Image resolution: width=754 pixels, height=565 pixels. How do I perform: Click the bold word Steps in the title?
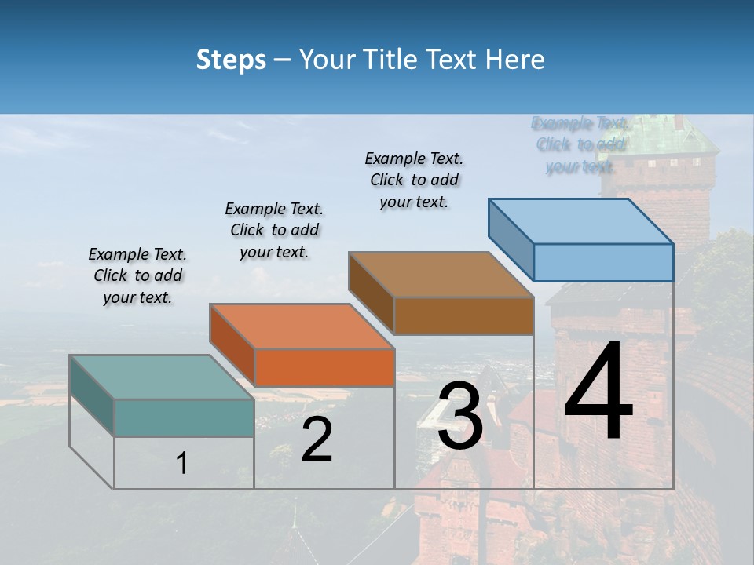click(231, 60)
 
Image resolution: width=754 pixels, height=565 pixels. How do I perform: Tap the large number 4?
click(598, 394)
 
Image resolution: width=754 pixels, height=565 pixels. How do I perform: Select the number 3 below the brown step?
click(459, 417)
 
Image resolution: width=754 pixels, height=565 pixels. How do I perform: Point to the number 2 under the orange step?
click(317, 439)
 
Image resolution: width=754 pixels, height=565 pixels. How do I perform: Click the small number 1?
click(182, 464)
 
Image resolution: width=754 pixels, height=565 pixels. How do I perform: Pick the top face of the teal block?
click(161, 377)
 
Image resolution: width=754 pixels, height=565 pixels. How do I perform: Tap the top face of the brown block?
click(441, 275)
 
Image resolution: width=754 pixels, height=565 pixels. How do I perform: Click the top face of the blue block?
click(580, 221)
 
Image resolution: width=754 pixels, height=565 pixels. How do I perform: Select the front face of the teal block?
click(184, 417)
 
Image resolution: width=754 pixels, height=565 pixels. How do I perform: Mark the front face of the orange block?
click(324, 367)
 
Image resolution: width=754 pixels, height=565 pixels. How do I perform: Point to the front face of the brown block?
click(463, 315)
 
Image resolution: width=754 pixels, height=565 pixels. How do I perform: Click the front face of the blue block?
click(603, 262)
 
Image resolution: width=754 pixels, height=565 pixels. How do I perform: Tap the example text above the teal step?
click(137, 275)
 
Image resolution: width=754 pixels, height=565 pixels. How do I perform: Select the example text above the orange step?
click(274, 230)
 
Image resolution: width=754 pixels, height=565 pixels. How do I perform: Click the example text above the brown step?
click(414, 180)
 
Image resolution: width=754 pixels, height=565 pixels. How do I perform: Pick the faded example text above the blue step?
click(580, 144)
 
